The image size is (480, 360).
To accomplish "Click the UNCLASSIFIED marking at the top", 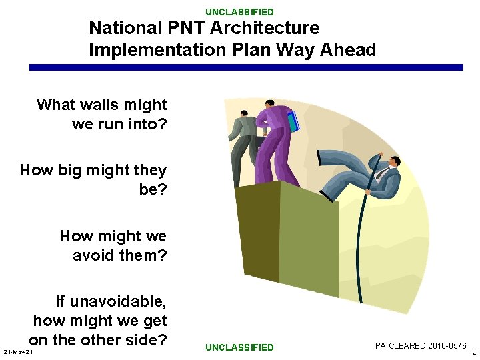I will [x=239, y=12].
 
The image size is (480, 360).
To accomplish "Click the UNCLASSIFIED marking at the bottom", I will [x=239, y=347].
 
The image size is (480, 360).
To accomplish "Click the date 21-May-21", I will [x=18, y=351].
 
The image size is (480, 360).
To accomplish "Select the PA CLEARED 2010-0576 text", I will [x=420, y=345].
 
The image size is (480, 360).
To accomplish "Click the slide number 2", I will [x=473, y=352].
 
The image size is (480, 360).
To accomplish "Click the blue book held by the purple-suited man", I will [x=293, y=121].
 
